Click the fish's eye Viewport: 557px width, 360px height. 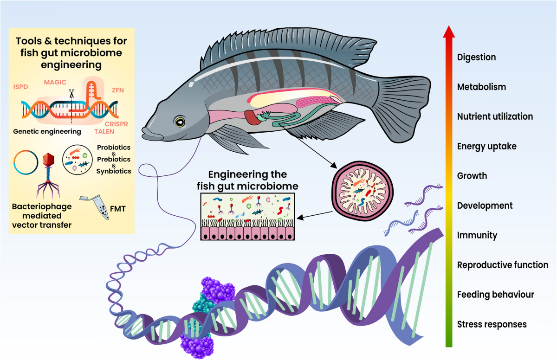pos(180,122)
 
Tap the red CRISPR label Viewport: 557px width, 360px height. pos(116,124)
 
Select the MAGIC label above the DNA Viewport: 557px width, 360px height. pos(55,82)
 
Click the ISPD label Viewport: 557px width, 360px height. pos(20,87)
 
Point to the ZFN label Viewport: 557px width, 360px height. pos(117,90)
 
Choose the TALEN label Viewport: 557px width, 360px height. pos(104,131)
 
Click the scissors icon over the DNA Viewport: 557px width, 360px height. pos(71,94)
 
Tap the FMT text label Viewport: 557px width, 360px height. pos(117,209)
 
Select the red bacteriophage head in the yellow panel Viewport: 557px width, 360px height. pos(48,160)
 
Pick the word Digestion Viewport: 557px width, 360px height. pos(476,57)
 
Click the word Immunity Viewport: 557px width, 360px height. pos(477,235)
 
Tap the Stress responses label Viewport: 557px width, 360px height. pos(492,324)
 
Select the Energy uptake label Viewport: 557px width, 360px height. pos(486,146)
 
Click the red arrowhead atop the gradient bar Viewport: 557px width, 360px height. pos(449,32)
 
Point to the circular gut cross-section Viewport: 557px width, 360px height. pos(363,191)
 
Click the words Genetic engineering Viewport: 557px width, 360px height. pos(47,131)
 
